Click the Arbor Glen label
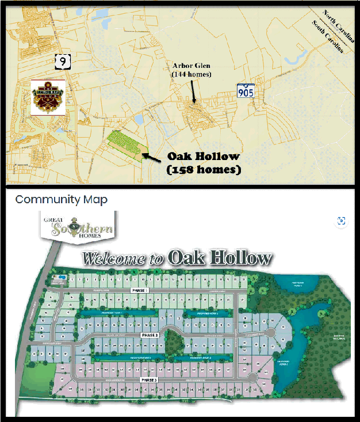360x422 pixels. tap(191, 66)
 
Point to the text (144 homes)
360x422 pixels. tap(191, 74)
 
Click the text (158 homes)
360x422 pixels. tap(203, 170)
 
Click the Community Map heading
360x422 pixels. tap(61, 199)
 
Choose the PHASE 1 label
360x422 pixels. tap(139, 291)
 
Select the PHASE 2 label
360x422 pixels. tap(149, 335)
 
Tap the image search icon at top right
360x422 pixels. tap(342, 220)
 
